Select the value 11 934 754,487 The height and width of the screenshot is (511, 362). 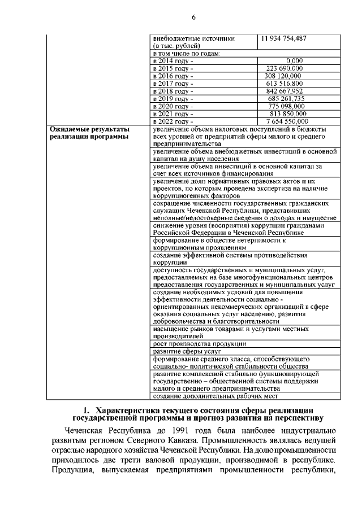284,38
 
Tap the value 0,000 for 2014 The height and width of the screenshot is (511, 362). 294,60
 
